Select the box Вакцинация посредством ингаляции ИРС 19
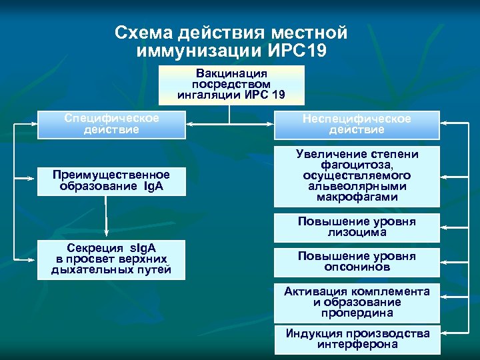pyautogui.click(x=231, y=84)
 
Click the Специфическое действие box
pyautogui.click(x=111, y=124)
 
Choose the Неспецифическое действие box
pyautogui.click(x=357, y=124)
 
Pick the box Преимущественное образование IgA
pyautogui.click(x=111, y=180)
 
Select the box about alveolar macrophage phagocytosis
pyautogui.click(x=357, y=175)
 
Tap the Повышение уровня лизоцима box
pyautogui.click(x=357, y=227)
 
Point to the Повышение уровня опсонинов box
pyautogui.click(x=357, y=261)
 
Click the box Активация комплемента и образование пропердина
pyautogui.click(x=357, y=302)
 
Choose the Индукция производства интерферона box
pyautogui.click(x=357, y=339)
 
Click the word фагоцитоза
pyautogui.click(x=357, y=165)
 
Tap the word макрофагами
pyautogui.click(x=357, y=197)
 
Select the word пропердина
pyautogui.click(x=357, y=313)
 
